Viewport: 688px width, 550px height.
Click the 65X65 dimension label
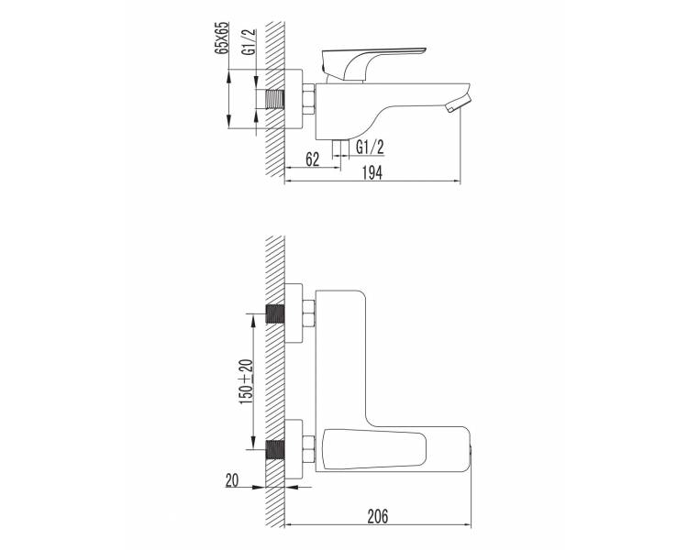pyautogui.click(x=223, y=38)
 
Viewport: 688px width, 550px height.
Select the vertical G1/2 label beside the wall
pyautogui.click(x=249, y=41)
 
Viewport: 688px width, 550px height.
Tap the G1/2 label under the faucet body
pyautogui.click(x=370, y=148)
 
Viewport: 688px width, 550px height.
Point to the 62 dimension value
pyautogui.click(x=312, y=159)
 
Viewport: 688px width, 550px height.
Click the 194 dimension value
pyautogui.click(x=372, y=173)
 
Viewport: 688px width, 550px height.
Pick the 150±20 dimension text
pyautogui.click(x=247, y=381)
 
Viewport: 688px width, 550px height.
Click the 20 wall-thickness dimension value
pyautogui.click(x=232, y=480)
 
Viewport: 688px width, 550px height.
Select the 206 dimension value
pyautogui.click(x=378, y=516)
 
